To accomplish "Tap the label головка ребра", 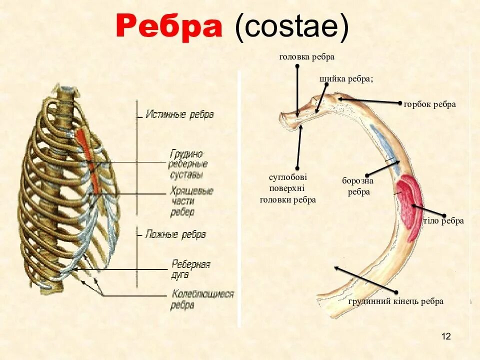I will click(x=306, y=57).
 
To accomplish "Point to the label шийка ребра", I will click(x=346, y=79).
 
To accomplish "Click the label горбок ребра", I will click(x=430, y=104).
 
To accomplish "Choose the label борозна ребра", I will click(x=358, y=186).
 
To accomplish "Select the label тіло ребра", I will click(x=443, y=221).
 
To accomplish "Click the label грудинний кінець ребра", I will click(x=395, y=301).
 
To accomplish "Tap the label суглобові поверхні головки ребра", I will click(x=288, y=188).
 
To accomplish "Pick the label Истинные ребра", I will click(x=179, y=114).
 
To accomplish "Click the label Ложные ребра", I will click(x=175, y=234).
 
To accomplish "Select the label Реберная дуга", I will click(x=190, y=268).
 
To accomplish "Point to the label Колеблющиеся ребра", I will click(x=202, y=299).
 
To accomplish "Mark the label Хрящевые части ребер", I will click(x=191, y=201).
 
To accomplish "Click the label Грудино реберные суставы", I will click(x=189, y=164).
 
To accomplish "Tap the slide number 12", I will click(x=446, y=336).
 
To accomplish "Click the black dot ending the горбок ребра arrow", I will click(x=400, y=103).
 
